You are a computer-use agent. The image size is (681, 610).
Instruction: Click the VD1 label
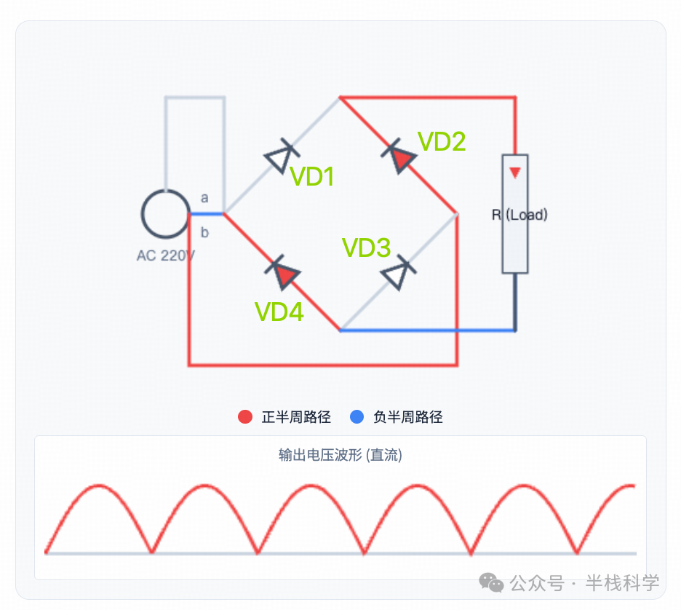[x=312, y=176]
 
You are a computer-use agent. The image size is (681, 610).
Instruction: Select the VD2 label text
[x=442, y=142]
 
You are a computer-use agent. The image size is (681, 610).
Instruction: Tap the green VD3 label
[x=367, y=248]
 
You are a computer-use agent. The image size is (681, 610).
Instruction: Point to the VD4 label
[x=279, y=312]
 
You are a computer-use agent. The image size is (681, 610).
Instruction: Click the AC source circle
[x=165, y=214]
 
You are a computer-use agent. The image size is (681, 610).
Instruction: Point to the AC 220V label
[x=165, y=256]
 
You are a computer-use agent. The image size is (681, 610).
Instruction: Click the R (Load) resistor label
[x=519, y=215]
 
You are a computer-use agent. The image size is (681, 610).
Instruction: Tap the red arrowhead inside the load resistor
[x=515, y=173]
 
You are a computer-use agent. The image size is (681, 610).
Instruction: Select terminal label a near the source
[x=204, y=198]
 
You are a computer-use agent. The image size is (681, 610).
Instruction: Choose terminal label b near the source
[x=204, y=233]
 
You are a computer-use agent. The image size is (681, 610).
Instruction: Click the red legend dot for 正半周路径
[x=245, y=417]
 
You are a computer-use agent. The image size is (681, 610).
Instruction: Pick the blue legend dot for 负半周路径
[x=357, y=417]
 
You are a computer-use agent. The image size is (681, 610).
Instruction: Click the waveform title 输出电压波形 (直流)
[x=340, y=456]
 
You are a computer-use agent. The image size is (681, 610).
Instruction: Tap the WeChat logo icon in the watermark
[x=491, y=582]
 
